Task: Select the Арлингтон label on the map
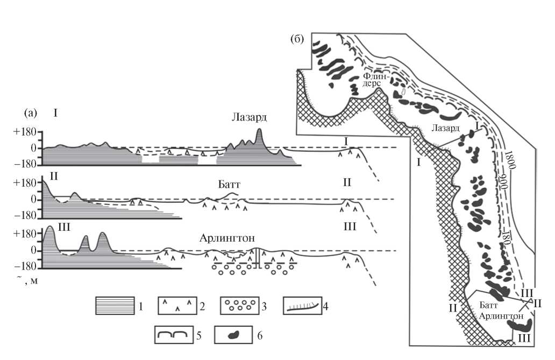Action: (x=501, y=316)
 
